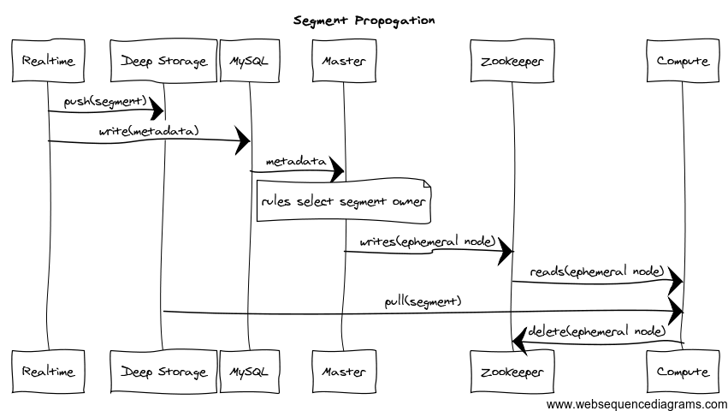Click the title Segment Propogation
(364, 20)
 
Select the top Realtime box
(48, 61)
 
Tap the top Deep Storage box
(163, 61)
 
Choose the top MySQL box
(250, 61)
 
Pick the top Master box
(344, 61)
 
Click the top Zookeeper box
(512, 61)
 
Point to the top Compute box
(683, 61)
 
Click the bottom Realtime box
(48, 372)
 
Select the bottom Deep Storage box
(163, 372)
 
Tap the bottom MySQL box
(250, 372)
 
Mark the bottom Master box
(344, 372)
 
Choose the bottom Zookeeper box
(512, 372)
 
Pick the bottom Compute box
(683, 372)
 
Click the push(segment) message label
(105, 101)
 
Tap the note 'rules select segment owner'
(342, 202)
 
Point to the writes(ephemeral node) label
(428, 241)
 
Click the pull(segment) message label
(423, 301)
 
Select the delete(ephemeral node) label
(597, 331)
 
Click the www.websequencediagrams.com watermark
(636, 404)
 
